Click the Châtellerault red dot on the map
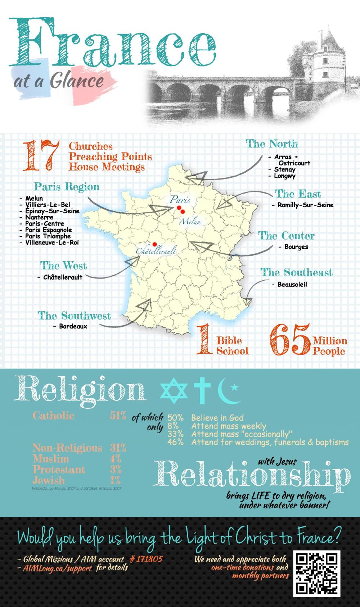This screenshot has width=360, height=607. tap(155, 244)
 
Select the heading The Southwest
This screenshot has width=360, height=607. tap(74, 316)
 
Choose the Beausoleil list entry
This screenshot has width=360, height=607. tap(292, 284)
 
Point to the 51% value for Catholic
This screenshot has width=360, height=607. tap(118, 416)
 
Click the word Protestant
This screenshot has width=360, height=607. tap(59, 470)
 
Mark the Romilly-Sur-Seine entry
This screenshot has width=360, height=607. tap(305, 205)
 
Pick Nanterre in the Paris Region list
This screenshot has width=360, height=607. tap(39, 217)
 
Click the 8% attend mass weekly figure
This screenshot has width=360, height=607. tap(173, 426)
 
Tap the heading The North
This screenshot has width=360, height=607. tap(272, 144)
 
